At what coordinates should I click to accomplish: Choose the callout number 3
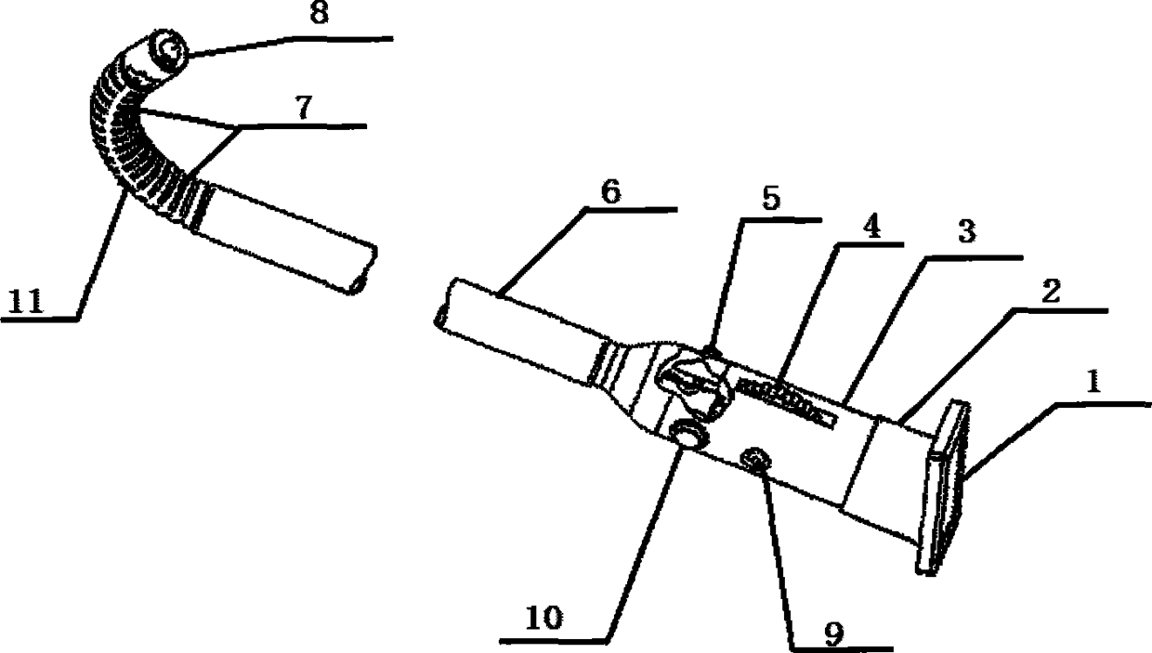coord(967,233)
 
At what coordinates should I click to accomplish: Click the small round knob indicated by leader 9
coord(754,458)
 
